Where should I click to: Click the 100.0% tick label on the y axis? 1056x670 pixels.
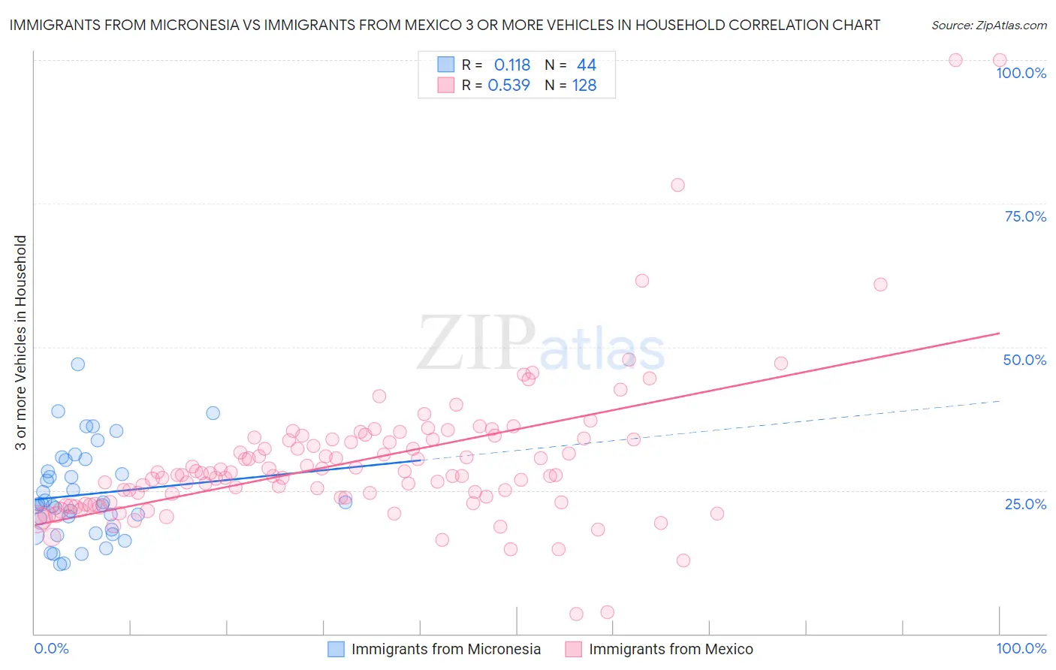tap(1021, 73)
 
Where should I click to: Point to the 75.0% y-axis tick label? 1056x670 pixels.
tap(1025, 216)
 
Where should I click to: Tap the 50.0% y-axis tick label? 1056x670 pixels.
tap(1024, 360)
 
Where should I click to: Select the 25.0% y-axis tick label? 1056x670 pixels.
tap(1025, 503)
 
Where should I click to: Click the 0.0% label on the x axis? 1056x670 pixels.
tap(51, 648)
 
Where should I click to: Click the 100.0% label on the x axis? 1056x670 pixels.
tap(1021, 648)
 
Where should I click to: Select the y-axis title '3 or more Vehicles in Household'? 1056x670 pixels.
tap(21, 343)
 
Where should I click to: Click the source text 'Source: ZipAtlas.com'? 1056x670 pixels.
tap(988, 25)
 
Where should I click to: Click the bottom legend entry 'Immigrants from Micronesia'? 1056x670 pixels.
tap(445, 649)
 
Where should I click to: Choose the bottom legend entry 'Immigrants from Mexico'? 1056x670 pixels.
tap(670, 649)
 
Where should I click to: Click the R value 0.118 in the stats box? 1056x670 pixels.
tap(512, 65)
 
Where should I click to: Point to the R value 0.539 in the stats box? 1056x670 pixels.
tap(509, 86)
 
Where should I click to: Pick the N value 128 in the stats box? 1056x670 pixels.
tap(584, 86)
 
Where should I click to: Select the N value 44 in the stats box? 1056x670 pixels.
tap(586, 65)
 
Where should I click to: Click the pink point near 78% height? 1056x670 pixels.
tap(677, 185)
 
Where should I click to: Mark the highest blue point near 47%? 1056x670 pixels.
tap(77, 364)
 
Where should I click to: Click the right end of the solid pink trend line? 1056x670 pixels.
tap(999, 333)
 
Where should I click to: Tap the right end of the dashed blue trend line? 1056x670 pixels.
tap(999, 401)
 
